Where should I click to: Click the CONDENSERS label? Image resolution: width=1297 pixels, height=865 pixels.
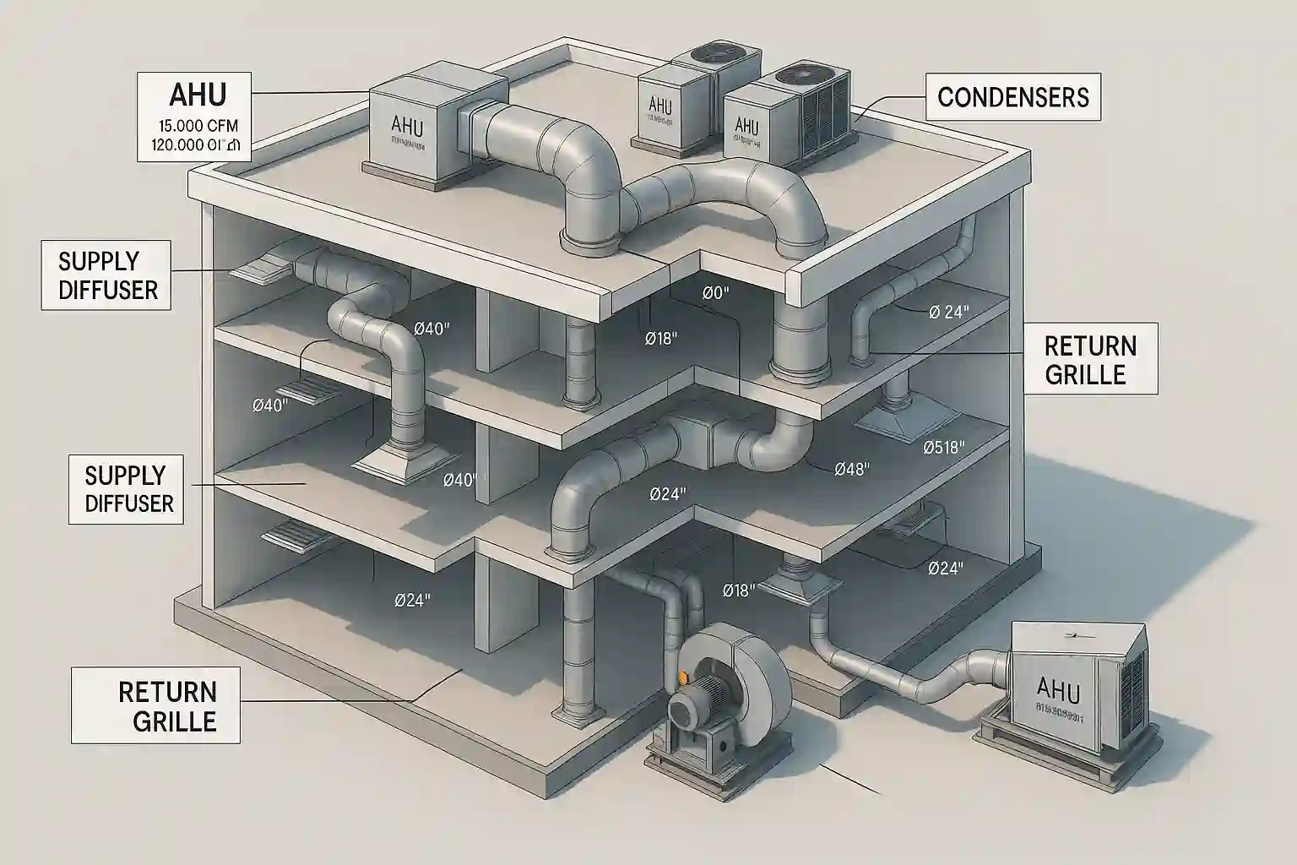1013,98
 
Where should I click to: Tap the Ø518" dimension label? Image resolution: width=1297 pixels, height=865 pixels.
944,448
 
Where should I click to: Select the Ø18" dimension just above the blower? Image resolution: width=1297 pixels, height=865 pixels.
738,590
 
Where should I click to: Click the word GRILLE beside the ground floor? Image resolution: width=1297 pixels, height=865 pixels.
168,721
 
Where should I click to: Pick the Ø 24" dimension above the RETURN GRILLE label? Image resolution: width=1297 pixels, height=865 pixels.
948,313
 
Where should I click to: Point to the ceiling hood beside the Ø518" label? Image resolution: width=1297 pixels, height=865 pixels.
907,418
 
